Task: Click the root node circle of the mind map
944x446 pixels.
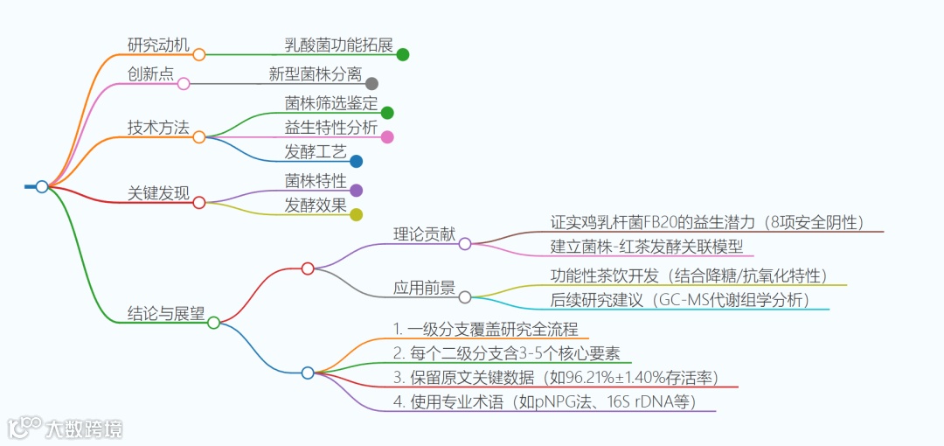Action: coord(42,186)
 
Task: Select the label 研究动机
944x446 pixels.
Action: coord(158,45)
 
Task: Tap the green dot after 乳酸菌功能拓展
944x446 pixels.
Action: coord(403,54)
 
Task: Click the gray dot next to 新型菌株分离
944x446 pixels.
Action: coord(371,84)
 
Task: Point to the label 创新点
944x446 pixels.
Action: coord(150,74)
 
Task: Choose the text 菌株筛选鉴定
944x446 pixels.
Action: coord(331,103)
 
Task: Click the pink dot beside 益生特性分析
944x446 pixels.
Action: coord(387,136)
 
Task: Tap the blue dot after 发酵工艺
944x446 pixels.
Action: coord(356,161)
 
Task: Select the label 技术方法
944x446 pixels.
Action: coord(158,128)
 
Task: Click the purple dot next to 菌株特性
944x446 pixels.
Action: coord(356,190)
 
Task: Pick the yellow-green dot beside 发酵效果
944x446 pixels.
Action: coord(356,214)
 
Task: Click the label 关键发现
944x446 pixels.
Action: coord(158,193)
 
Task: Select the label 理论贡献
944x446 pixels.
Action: coord(425,234)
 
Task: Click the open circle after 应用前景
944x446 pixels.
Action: coord(465,297)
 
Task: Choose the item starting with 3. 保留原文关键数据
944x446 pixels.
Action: coord(555,378)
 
